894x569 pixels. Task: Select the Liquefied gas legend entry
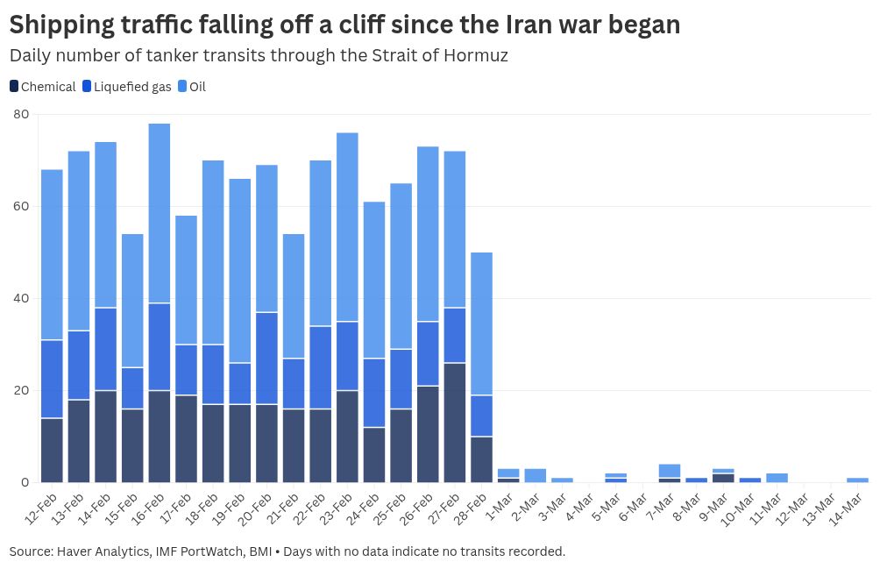pyautogui.click(x=126, y=87)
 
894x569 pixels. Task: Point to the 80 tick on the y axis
pyautogui.click(x=21, y=114)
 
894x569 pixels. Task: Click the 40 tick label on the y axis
pyautogui.click(x=21, y=298)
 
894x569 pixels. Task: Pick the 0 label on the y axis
pyautogui.click(x=25, y=482)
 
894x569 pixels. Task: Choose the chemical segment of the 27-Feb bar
pyautogui.click(x=455, y=422)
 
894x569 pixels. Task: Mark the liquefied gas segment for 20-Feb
pyautogui.click(x=266, y=358)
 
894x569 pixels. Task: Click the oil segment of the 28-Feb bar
pyautogui.click(x=482, y=324)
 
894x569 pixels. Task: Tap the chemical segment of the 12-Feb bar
pyautogui.click(x=52, y=450)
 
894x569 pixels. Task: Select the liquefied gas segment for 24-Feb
pyautogui.click(x=374, y=393)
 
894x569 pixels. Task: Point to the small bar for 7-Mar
pyautogui.click(x=670, y=472)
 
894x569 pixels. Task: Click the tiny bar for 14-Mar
pyautogui.click(x=858, y=480)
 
